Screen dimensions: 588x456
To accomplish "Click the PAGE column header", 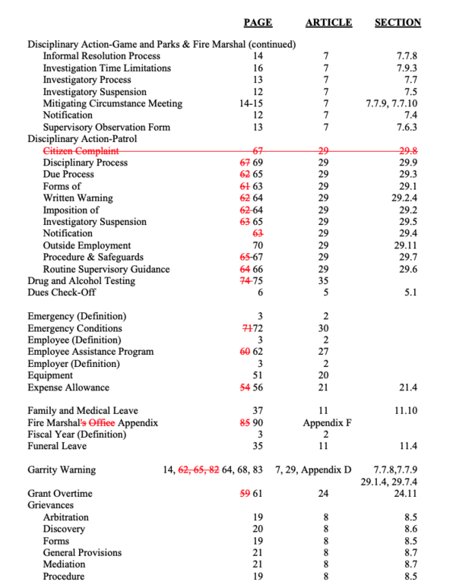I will click(x=258, y=22).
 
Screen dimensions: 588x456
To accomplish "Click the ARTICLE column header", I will click(x=328, y=22).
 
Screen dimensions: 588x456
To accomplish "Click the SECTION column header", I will click(x=397, y=22).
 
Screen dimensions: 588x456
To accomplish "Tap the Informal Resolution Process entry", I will click(x=101, y=56).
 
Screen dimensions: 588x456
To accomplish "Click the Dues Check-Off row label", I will click(x=62, y=292).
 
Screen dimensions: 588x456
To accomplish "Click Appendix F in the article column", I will click(x=327, y=422).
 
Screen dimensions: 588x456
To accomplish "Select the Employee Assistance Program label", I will click(x=90, y=352).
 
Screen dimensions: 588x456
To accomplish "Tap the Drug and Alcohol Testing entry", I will click(x=81, y=281).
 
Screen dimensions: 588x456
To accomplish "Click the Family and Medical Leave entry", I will click(x=83, y=411).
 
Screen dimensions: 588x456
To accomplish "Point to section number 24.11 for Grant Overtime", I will click(x=406, y=493).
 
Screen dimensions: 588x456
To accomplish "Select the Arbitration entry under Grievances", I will click(x=65, y=517).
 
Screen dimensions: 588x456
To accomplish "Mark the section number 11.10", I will click(x=407, y=411).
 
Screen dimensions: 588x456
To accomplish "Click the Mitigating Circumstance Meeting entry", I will click(x=112, y=103).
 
